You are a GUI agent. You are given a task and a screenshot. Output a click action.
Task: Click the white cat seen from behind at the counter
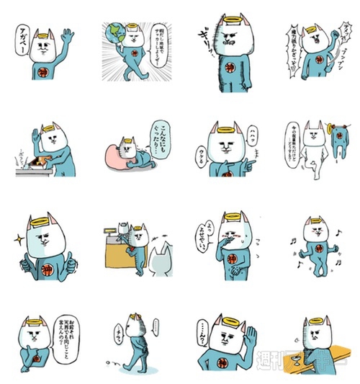coord(161,259)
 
